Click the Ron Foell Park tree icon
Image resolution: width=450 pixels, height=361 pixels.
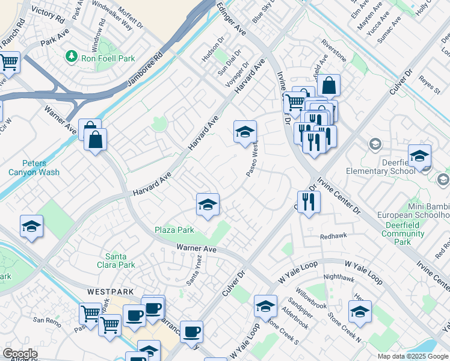(72, 57)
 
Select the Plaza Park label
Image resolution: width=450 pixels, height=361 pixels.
(174, 230)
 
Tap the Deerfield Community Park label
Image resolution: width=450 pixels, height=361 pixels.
(402, 233)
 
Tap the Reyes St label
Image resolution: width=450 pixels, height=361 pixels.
(430, 85)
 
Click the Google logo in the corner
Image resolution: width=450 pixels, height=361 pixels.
(20, 354)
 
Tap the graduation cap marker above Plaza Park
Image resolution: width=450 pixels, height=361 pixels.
(208, 205)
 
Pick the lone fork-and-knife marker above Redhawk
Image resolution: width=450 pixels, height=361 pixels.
(308, 202)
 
